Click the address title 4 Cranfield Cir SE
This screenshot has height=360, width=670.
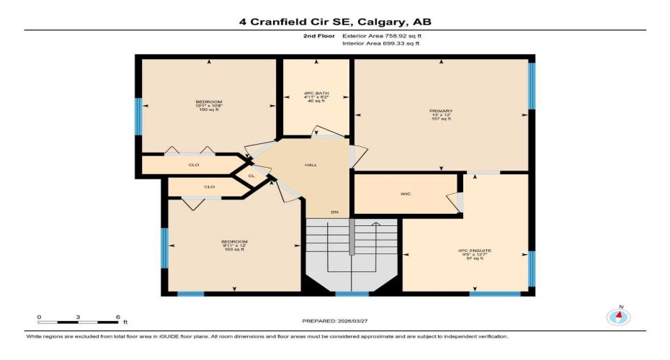pos(335,22)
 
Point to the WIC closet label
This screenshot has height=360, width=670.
pos(406,194)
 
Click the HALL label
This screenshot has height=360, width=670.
pos(311,165)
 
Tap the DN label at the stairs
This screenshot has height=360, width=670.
pos(334,212)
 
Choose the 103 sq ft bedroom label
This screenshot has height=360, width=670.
pos(234,245)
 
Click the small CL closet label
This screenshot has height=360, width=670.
pos(251,175)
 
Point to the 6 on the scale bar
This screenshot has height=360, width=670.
pos(117,316)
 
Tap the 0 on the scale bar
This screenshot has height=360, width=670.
pos(40,316)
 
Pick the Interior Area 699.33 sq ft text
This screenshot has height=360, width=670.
pos(380,44)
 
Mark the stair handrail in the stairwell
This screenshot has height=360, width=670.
pos(352,237)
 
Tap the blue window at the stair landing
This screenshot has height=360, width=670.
pos(352,293)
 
